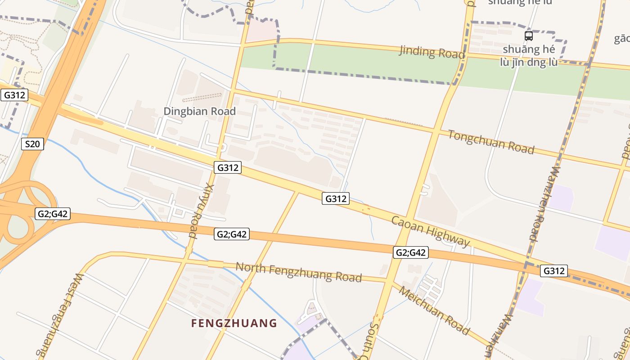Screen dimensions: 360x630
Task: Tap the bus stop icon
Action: click(529, 36)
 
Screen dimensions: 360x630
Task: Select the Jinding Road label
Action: click(432, 52)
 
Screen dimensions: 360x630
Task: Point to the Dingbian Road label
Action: click(199, 111)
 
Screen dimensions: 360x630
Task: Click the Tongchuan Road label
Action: click(491, 141)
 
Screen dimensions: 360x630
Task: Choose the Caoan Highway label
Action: click(431, 231)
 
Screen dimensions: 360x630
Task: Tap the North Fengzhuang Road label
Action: click(298, 272)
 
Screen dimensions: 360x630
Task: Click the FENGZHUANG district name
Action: click(234, 323)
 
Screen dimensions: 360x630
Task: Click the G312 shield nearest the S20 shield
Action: click(14, 95)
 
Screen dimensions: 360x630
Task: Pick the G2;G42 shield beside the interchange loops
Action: click(53, 213)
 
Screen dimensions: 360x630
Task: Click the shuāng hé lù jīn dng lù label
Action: click(529, 56)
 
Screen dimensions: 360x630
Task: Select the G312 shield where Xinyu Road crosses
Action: click(228, 167)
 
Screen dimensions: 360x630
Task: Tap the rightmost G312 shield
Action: click(554, 270)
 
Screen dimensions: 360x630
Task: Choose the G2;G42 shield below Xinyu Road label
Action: click(232, 234)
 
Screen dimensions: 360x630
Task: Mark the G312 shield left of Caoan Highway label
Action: click(336, 198)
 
